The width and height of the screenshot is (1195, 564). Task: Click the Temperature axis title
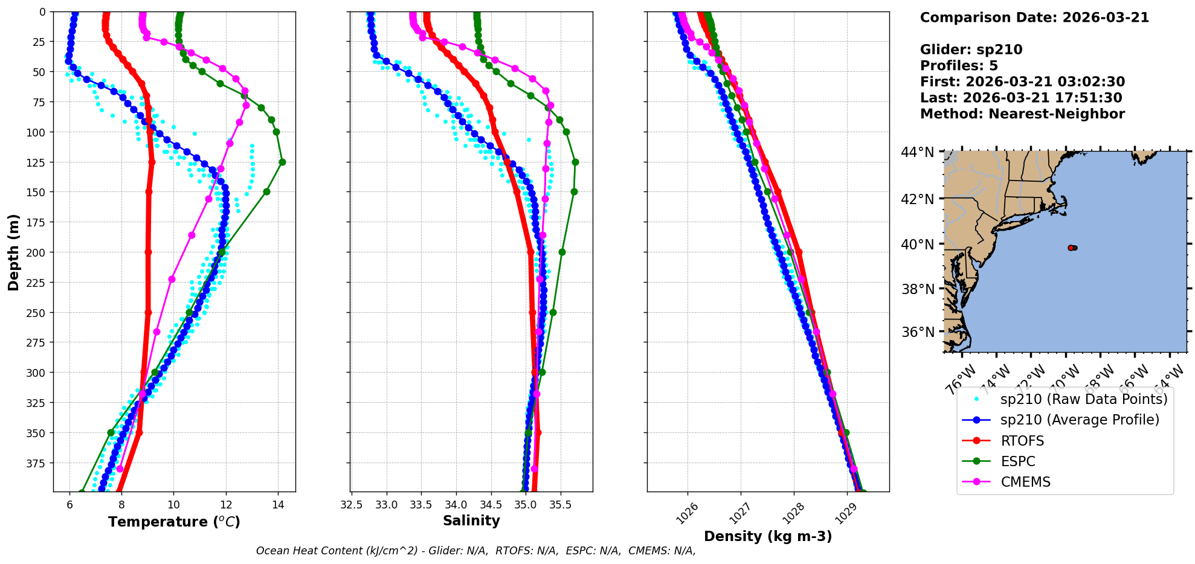click(174, 522)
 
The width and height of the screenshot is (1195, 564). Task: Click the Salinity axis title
click(471, 521)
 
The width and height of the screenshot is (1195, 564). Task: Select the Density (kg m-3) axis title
click(768, 536)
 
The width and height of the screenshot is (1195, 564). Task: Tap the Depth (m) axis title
click(13, 252)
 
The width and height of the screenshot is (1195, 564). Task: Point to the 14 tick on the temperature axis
click(278, 505)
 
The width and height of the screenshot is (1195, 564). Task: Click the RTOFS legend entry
click(1022, 441)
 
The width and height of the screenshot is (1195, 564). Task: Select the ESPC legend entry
click(1018, 461)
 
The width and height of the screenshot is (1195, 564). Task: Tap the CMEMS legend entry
click(1025, 482)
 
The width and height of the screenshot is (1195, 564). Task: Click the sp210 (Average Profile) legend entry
click(1080, 420)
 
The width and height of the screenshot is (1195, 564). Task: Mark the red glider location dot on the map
click(1071, 248)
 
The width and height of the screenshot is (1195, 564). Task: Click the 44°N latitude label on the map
click(918, 152)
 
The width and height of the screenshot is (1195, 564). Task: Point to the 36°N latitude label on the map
click(918, 332)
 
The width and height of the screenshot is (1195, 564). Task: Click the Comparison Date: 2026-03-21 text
click(1034, 18)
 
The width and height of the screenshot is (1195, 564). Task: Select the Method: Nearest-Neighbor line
click(1022, 114)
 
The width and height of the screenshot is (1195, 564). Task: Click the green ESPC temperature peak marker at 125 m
click(282, 162)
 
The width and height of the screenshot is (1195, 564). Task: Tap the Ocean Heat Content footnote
click(475, 551)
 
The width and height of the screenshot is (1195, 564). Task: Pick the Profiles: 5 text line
click(959, 66)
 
